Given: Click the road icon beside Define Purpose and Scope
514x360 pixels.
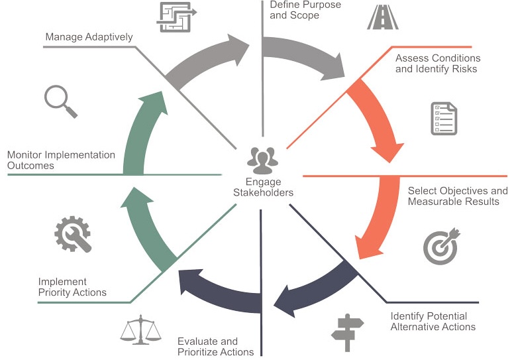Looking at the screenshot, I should coord(383,17).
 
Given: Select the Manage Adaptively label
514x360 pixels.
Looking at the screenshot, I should coord(89,37).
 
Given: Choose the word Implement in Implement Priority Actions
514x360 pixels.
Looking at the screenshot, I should coord(62,282).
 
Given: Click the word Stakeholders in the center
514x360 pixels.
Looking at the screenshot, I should coord(264,193).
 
